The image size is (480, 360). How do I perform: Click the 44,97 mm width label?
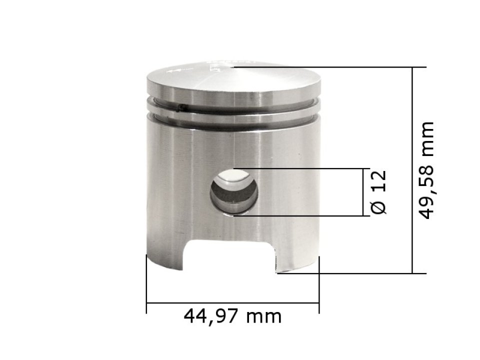click(232, 316)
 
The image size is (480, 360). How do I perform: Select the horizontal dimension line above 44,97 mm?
click(232, 302)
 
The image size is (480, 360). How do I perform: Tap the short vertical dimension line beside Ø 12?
click(363, 192)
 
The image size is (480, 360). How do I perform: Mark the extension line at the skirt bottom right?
click(350, 273)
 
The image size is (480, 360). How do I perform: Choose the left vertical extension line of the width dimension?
click(146, 285)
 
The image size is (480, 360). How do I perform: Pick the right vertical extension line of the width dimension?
click(319, 285)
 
